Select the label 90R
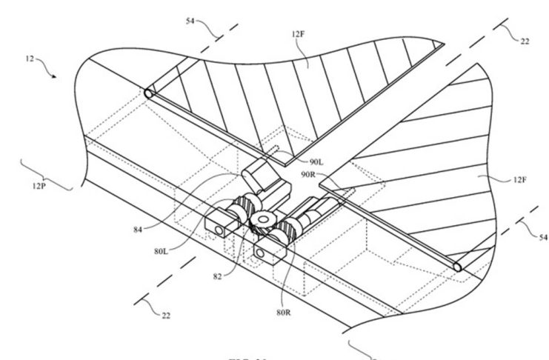(x=310, y=176)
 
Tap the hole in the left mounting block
(x=220, y=232)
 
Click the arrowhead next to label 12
(x=53, y=76)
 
